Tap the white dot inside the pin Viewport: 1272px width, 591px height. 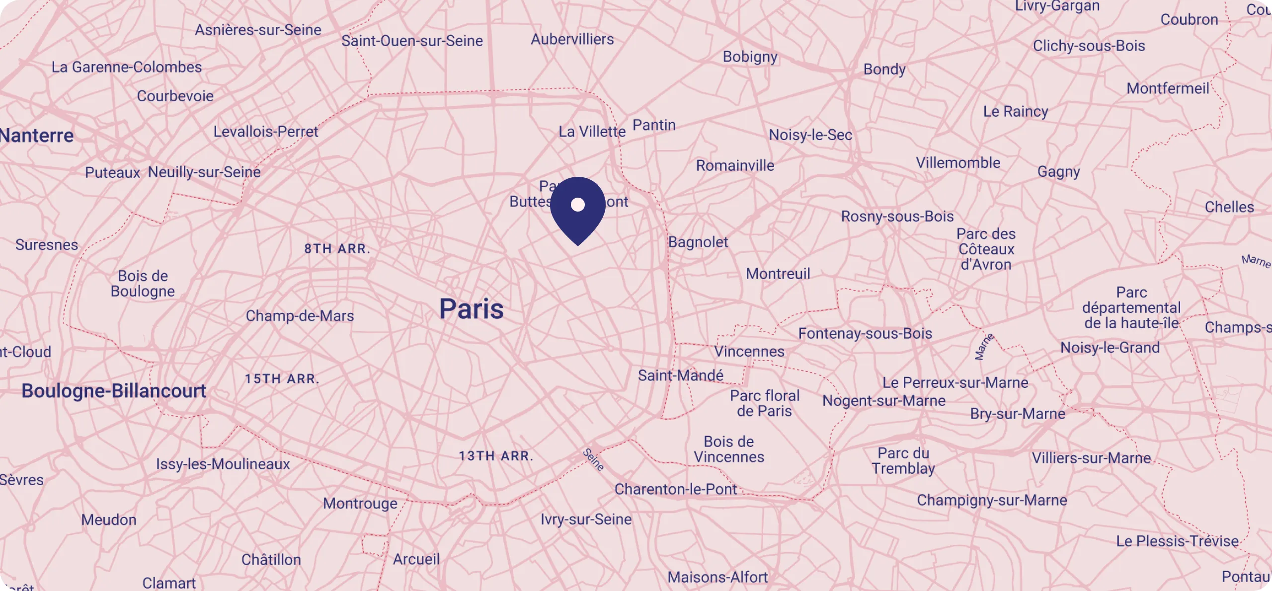tap(577, 204)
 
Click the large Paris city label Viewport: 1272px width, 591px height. tap(471, 309)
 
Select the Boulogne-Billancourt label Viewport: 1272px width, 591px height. tap(114, 391)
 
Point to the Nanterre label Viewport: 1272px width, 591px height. tap(37, 136)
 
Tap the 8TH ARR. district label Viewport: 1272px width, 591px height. tap(337, 248)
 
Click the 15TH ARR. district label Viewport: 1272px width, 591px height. tap(282, 379)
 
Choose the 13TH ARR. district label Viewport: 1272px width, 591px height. tap(495, 456)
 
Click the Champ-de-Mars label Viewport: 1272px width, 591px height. tap(300, 316)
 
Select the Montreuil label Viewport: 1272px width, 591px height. tap(778, 274)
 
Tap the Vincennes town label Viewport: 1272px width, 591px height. tap(749, 352)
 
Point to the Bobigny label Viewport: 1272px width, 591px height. tap(750, 57)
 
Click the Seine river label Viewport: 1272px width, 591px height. tap(593, 459)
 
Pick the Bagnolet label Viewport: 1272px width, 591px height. tap(698, 242)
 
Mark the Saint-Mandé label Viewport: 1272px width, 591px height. tap(680, 375)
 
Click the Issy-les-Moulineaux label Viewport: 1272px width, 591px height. tap(223, 464)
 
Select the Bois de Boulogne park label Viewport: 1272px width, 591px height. tap(143, 284)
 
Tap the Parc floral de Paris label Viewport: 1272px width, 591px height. tap(764, 403)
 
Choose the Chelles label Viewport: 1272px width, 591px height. tap(1229, 207)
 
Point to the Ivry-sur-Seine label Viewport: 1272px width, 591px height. tap(586, 519)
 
